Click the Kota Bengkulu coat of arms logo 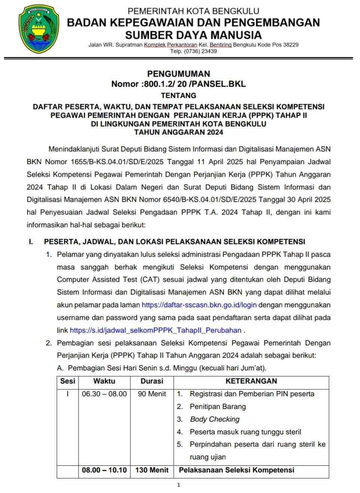(39, 30)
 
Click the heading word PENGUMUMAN (179, 74)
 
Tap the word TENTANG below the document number (179, 95)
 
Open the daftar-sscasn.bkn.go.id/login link (199, 305)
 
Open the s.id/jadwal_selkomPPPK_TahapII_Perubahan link (155, 330)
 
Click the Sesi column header (68, 381)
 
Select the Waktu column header (104, 381)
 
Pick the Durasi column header (152, 381)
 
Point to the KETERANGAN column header (251, 381)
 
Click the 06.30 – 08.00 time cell (104, 394)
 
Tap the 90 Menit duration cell (152, 394)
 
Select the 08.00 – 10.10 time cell (104, 470)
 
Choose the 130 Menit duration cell (152, 470)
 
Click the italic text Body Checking (214, 419)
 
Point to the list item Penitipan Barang (217, 407)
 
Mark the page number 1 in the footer (179, 485)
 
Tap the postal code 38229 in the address (291, 45)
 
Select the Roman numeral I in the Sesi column (68, 394)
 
